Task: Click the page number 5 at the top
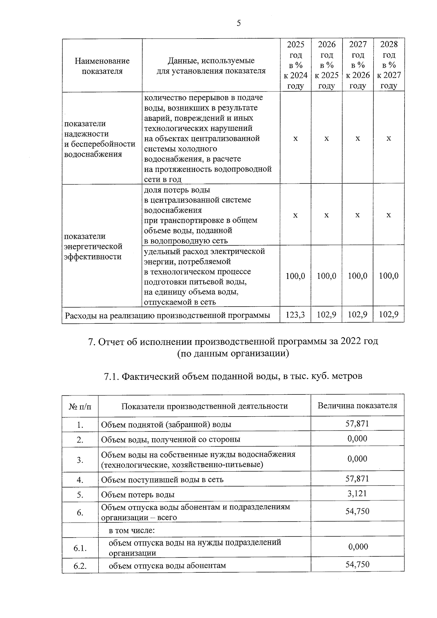(239, 24)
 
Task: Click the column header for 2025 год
(295, 65)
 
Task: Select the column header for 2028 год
(389, 65)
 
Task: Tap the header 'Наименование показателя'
(102, 66)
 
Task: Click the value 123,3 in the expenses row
(295, 315)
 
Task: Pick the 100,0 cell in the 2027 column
(358, 276)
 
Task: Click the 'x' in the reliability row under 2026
(327, 138)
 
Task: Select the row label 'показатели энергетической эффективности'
(93, 247)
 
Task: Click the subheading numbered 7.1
(233, 376)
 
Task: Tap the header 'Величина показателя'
(357, 406)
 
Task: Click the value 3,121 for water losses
(357, 493)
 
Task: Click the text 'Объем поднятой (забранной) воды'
(166, 425)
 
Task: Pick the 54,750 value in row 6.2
(357, 564)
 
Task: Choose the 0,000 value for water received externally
(357, 438)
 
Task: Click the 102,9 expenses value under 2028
(389, 315)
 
